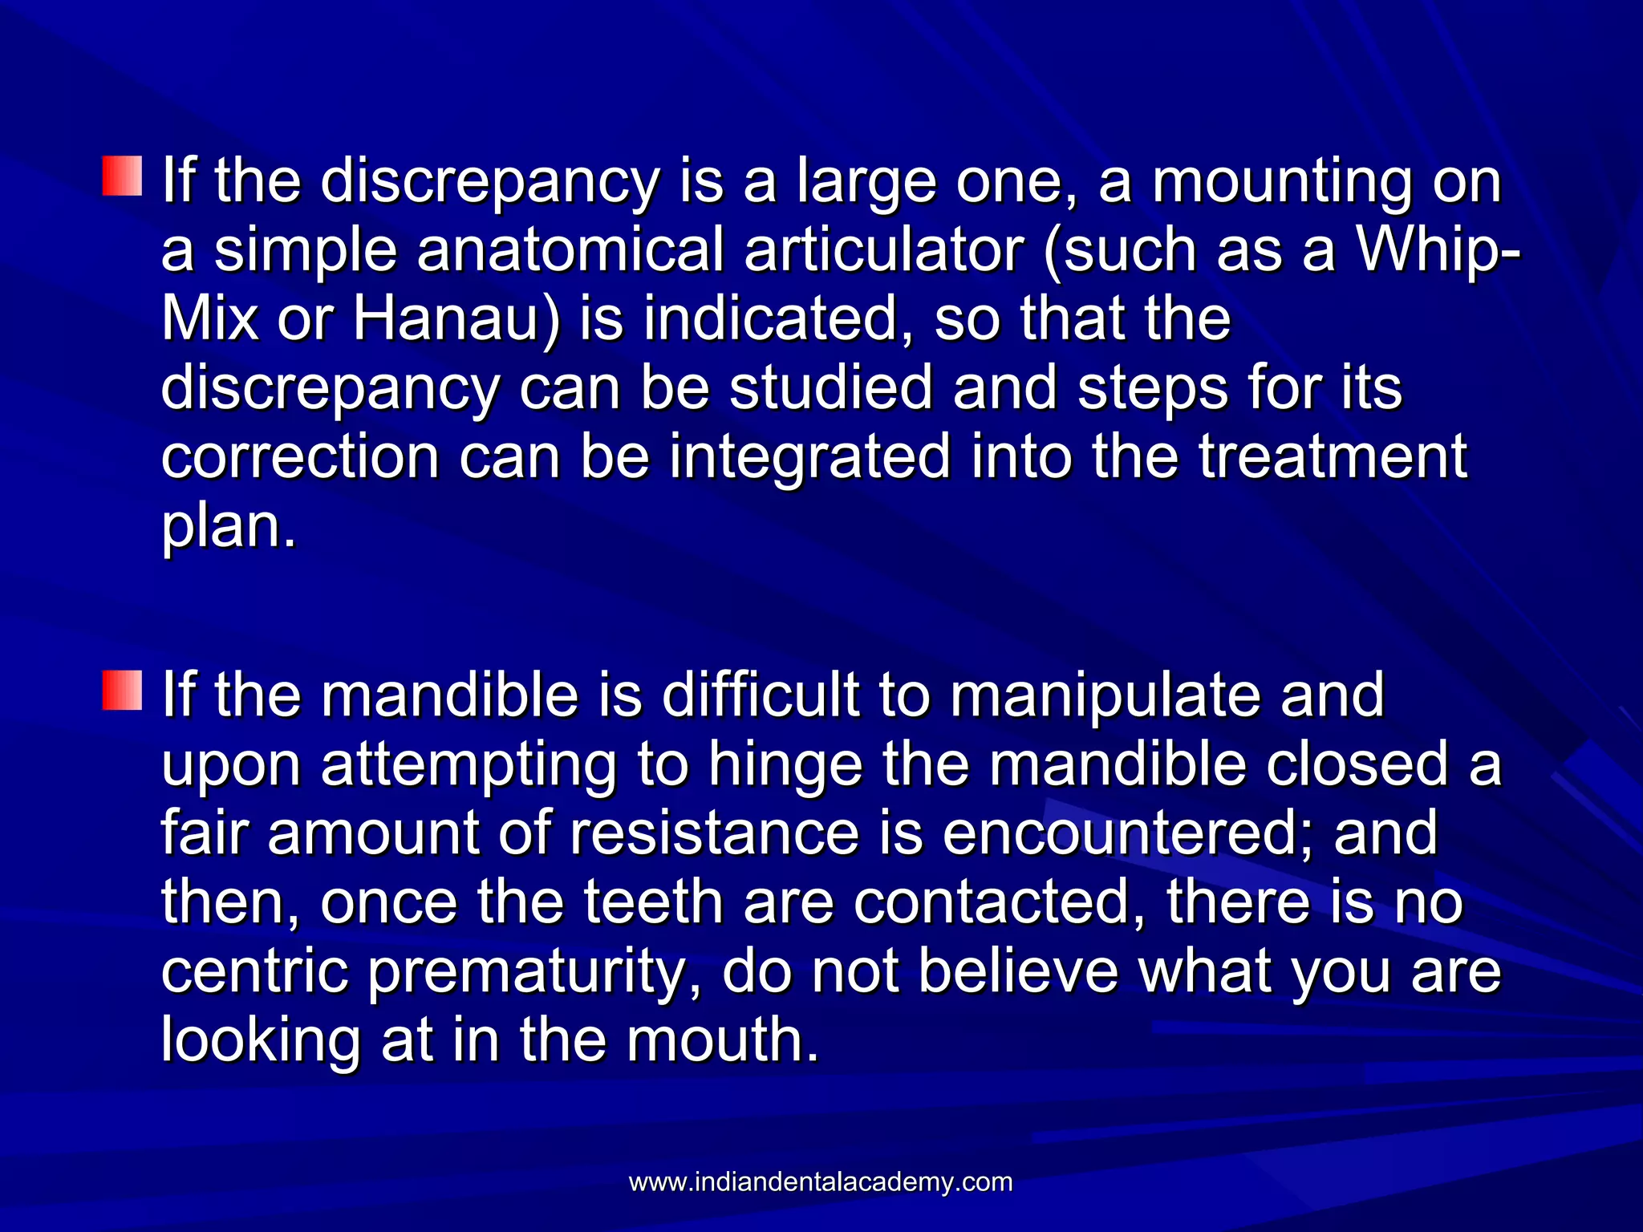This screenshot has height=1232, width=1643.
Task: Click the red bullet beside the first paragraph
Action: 122,176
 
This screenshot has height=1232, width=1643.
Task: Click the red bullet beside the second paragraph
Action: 122,691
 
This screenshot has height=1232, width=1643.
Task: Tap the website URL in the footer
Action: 820,1181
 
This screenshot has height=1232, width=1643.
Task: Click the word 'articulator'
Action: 883,250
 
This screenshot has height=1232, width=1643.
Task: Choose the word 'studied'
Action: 830,388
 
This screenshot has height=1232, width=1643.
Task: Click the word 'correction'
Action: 300,457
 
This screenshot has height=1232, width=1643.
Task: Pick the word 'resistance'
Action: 715,833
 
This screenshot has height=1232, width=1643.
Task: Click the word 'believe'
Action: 1018,971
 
